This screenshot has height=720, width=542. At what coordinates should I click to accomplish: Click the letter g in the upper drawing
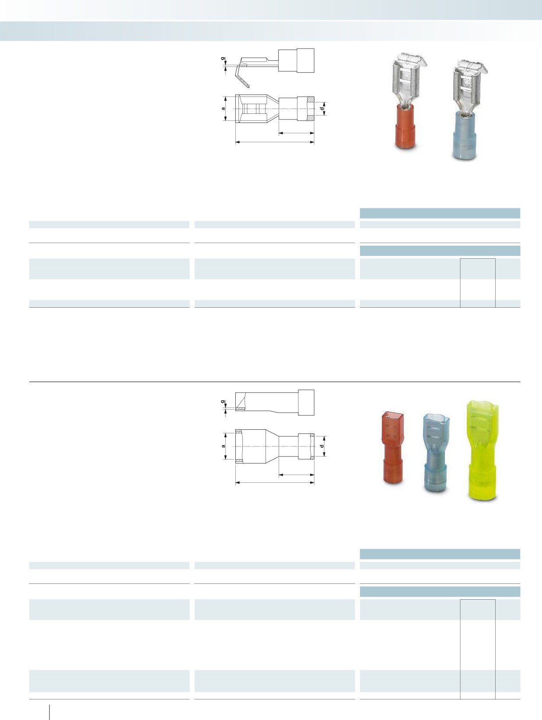click(223, 59)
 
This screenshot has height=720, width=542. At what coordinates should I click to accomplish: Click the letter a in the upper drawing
click(224, 109)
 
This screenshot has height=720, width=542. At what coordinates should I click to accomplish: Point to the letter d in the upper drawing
click(322, 108)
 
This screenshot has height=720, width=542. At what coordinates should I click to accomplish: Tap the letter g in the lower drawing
click(223, 401)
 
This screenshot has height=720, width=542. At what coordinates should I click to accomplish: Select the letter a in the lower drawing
click(224, 446)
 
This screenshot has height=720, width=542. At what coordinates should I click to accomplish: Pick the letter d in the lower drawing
click(322, 446)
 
